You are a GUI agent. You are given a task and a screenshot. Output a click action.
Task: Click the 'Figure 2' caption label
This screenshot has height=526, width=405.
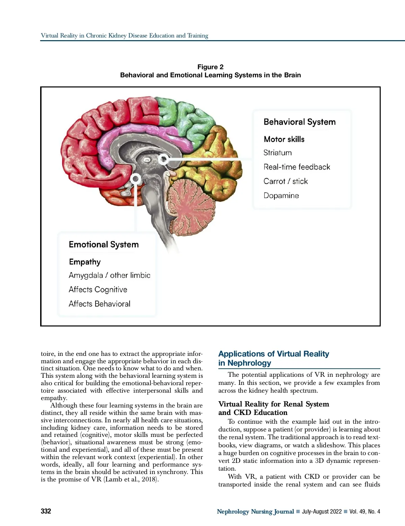pyautogui.click(x=210, y=67)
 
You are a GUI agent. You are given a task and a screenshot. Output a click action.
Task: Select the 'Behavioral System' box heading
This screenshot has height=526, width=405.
pyautogui.click(x=299, y=122)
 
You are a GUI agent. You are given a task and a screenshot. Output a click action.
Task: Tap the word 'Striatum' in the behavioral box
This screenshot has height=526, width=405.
pyautogui.click(x=277, y=153)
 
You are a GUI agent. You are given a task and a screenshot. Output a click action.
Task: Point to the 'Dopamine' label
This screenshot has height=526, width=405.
pyautogui.click(x=281, y=195)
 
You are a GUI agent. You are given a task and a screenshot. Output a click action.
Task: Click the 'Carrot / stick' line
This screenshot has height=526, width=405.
pyautogui.click(x=286, y=181)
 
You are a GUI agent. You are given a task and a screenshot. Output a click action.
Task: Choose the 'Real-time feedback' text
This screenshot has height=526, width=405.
pyautogui.click(x=297, y=167)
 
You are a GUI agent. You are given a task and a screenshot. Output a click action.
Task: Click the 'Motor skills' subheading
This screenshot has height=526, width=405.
pyautogui.click(x=284, y=139)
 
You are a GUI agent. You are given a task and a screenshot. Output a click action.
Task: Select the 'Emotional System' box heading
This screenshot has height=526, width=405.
pyautogui.click(x=104, y=244)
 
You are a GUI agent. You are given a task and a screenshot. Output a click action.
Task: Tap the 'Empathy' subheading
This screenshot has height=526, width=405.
pyautogui.click(x=85, y=262)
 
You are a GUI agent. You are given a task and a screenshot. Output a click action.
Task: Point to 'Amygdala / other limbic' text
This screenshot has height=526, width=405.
pyautogui.click(x=109, y=275)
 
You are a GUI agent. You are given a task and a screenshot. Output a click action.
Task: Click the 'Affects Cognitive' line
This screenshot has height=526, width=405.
pyautogui.click(x=98, y=289)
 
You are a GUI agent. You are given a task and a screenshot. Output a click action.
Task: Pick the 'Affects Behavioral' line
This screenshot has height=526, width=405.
pyautogui.click(x=99, y=304)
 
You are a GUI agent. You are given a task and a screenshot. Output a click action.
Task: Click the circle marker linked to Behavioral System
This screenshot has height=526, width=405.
pyautogui.click(x=164, y=159)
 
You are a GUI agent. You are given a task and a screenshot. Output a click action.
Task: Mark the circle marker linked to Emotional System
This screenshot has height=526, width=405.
pyautogui.click(x=136, y=179)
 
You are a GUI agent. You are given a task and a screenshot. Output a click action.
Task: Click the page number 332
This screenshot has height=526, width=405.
pyautogui.click(x=46, y=511)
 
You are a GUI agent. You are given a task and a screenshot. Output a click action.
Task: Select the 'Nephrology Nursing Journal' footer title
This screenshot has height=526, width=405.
pyautogui.click(x=255, y=511)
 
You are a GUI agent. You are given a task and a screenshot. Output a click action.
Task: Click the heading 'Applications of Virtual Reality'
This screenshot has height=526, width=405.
pyautogui.click(x=273, y=354)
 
